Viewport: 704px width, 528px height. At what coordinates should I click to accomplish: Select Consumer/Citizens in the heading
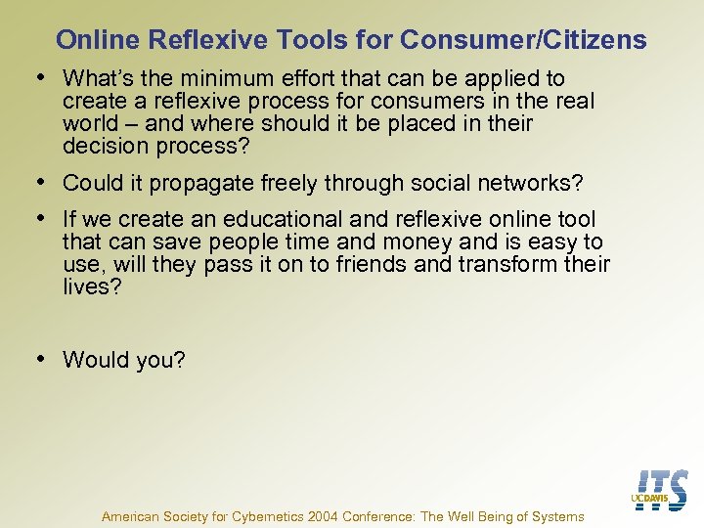coord(523,40)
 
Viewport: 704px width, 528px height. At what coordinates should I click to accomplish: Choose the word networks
coord(534,183)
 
